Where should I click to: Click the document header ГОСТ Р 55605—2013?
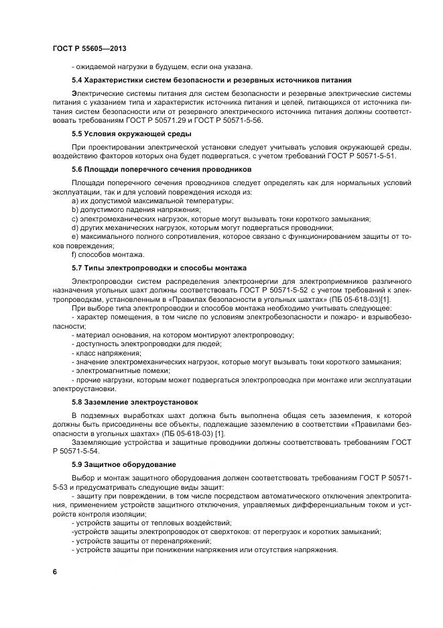(x=89, y=49)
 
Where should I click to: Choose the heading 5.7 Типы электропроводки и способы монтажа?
(x=159, y=266)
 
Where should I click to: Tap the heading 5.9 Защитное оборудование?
(x=124, y=464)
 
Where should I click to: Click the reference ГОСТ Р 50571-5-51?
(x=359, y=156)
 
